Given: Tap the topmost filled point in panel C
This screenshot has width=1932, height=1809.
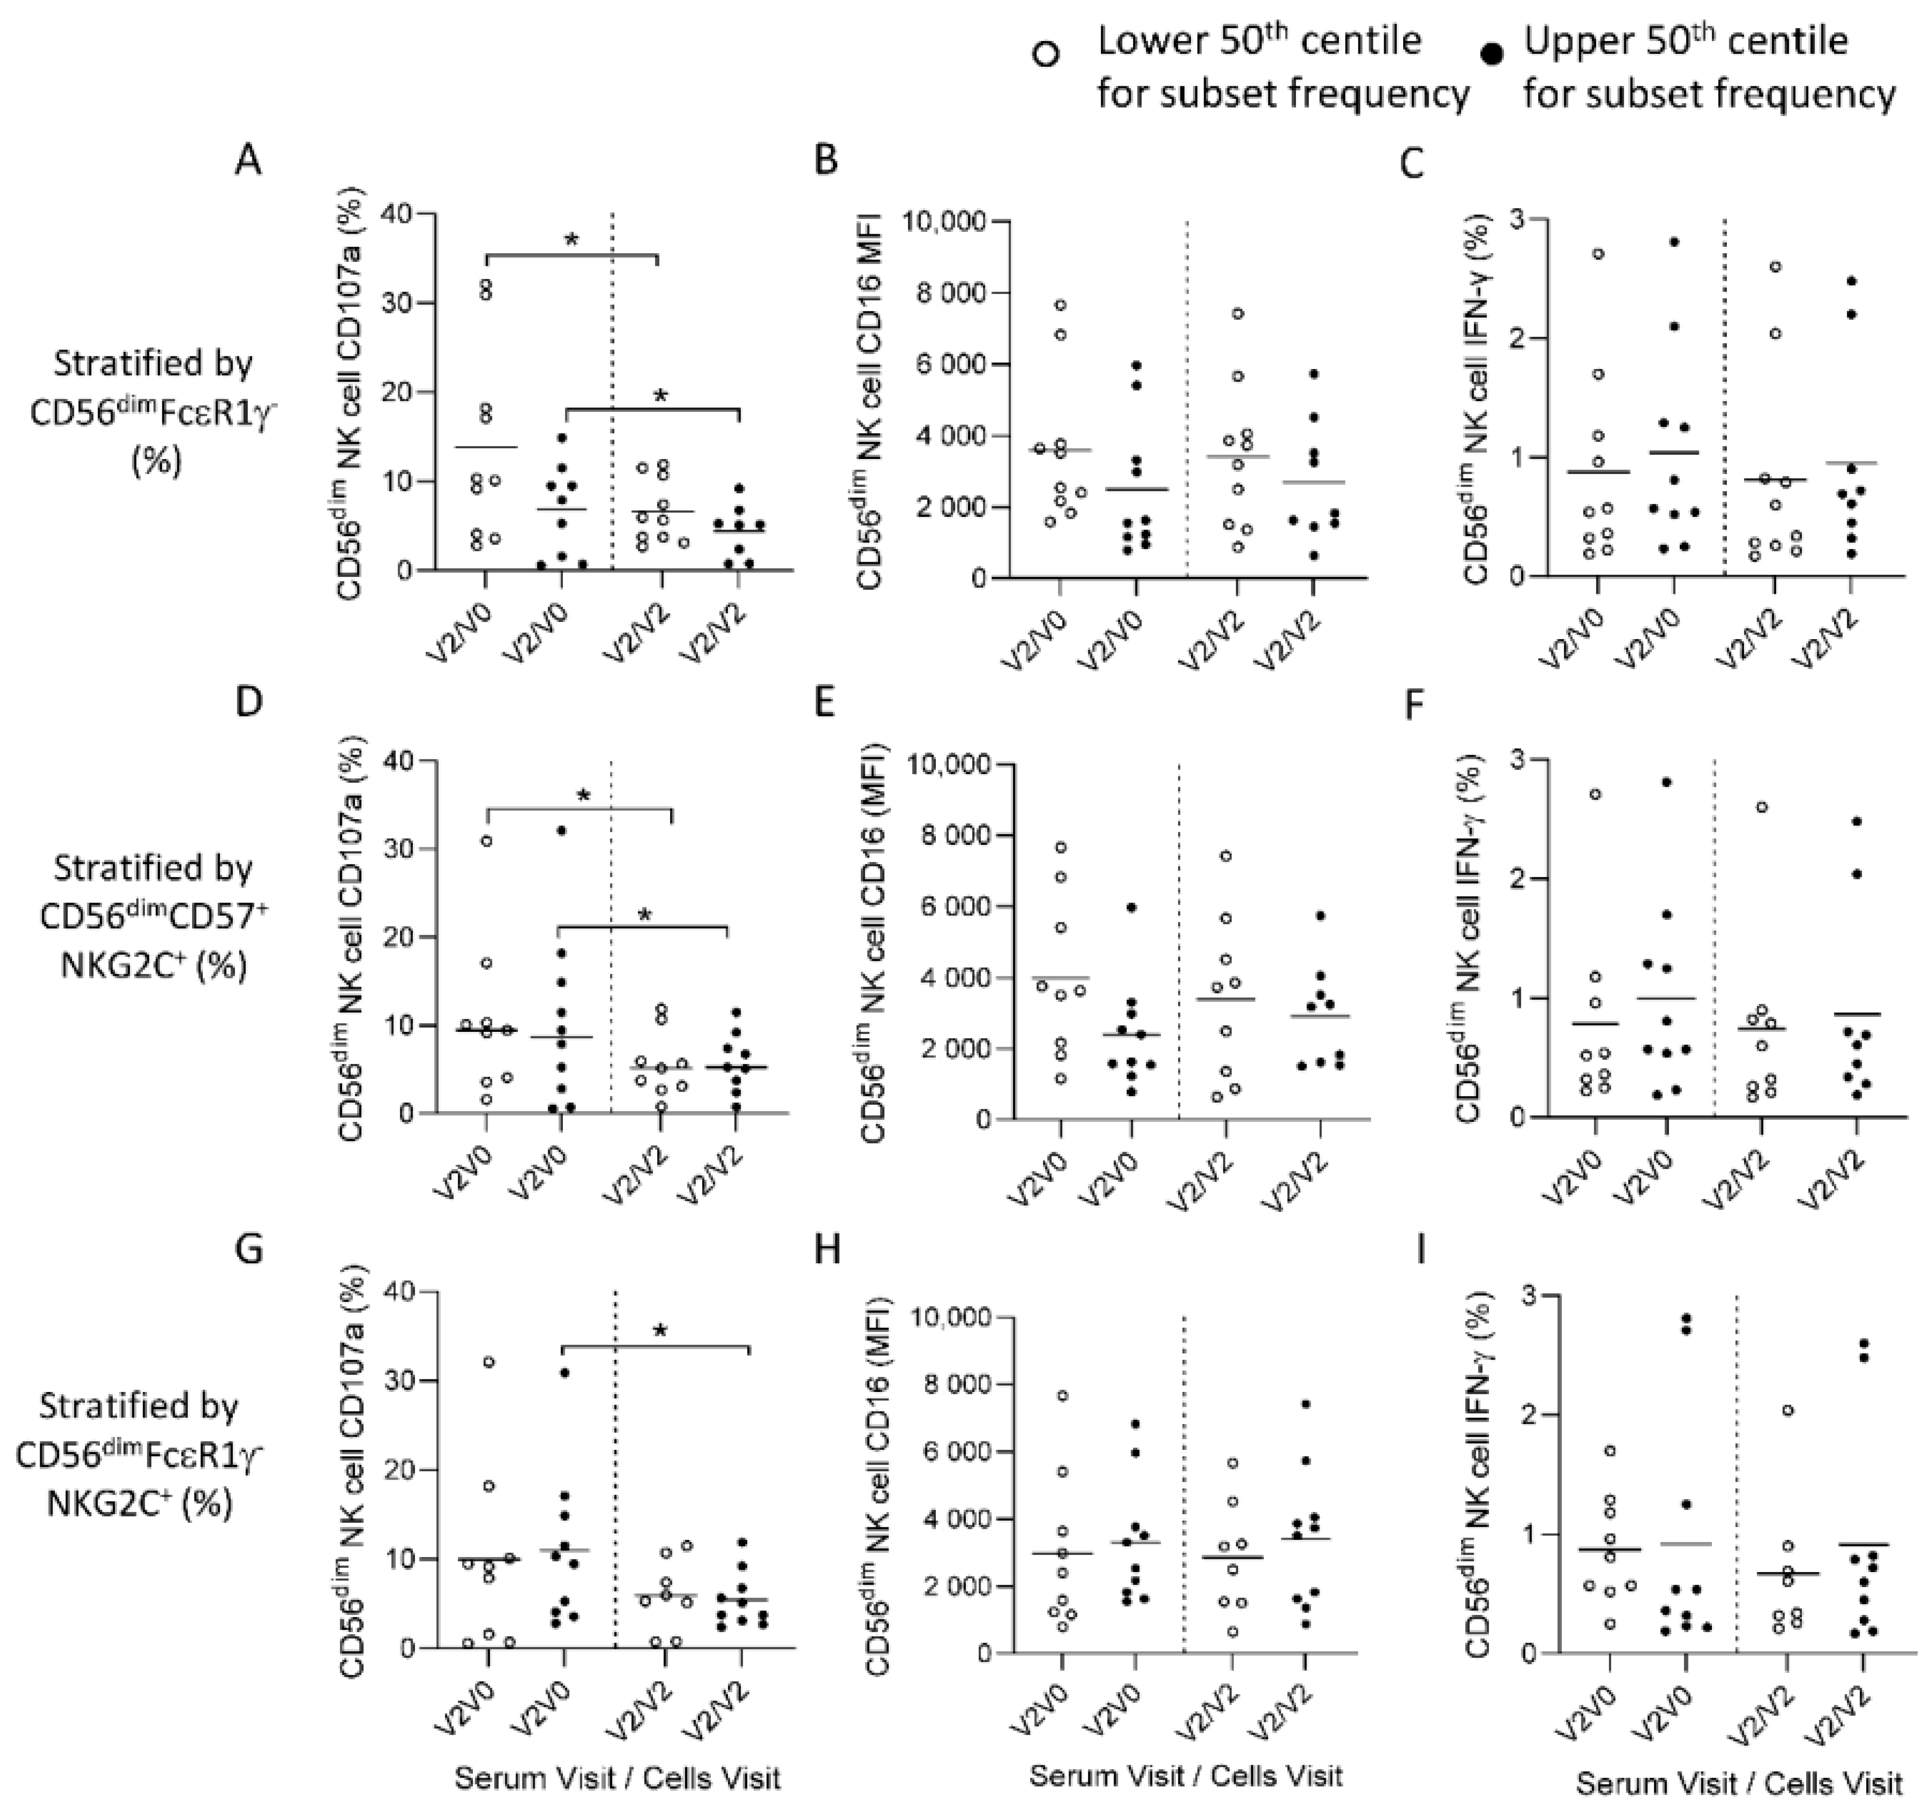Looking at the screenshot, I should coord(1674,242).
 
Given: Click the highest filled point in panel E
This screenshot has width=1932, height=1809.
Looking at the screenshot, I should coord(1131,907).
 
